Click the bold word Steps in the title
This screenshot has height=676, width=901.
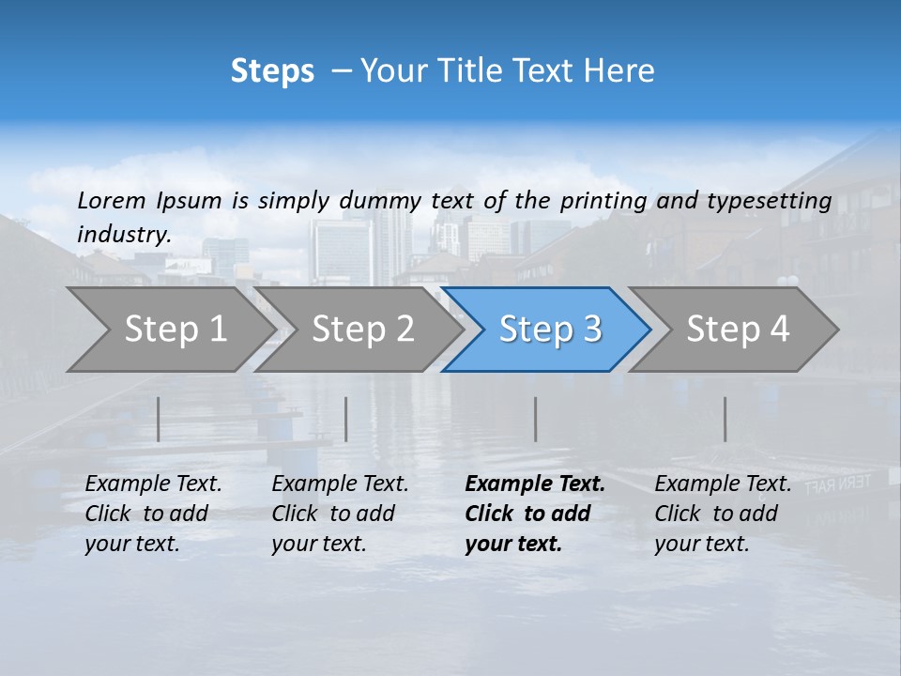pos(272,70)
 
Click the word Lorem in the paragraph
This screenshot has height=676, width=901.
pos(111,200)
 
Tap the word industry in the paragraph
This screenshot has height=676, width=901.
pos(123,234)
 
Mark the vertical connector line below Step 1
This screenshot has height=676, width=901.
pos(159,419)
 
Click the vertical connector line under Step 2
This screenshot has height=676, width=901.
pos(346,419)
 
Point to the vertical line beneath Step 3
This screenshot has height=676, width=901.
pos(536,419)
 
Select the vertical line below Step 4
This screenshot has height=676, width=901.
pos(725,419)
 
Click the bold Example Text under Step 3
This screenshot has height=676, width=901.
pos(535,484)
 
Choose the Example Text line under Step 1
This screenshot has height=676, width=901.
pos(153,484)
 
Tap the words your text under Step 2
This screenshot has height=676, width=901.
pos(318,544)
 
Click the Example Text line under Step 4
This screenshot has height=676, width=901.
pos(723,484)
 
